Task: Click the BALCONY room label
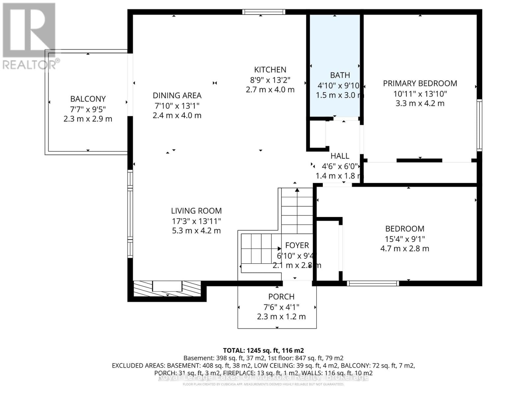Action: pos(88,99)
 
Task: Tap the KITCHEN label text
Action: pos(270,69)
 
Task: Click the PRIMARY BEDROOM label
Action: pos(420,83)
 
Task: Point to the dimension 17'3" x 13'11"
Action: pos(196,221)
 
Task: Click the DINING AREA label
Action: pos(177,95)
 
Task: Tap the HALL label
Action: pos(340,156)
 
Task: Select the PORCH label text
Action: pos(281,297)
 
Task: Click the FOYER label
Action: pos(297,245)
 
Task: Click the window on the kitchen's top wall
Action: pos(264,12)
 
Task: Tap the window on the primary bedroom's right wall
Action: pos(480,125)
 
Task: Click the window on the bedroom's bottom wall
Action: pos(373,283)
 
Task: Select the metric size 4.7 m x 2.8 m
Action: pos(404,249)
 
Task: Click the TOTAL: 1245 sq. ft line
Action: pos(263,351)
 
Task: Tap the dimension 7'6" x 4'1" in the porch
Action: pos(281,307)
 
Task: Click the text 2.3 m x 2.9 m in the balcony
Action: pos(88,119)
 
